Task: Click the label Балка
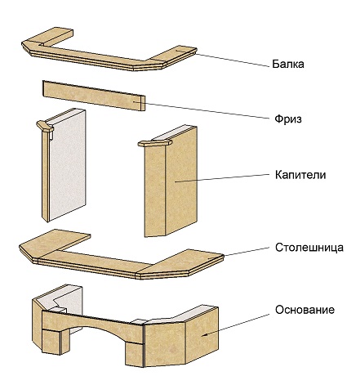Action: click(288, 65)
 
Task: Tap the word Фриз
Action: click(288, 119)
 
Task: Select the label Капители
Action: click(300, 175)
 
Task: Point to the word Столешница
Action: click(309, 248)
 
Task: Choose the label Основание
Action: click(304, 310)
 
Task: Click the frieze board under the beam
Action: click(94, 96)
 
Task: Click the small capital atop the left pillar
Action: click(45, 126)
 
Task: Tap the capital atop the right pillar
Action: click(155, 143)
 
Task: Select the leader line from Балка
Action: click(231, 59)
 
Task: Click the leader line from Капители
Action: click(224, 177)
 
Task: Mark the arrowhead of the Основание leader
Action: click(204, 335)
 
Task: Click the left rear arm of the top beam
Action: click(56, 35)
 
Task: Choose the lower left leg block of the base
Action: click(51, 342)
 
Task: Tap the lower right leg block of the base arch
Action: click(134, 354)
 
